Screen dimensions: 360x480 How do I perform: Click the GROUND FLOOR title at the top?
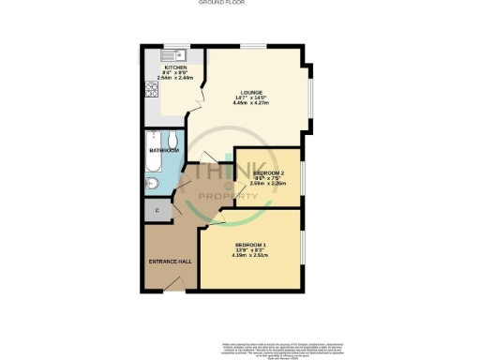[x=239, y=4]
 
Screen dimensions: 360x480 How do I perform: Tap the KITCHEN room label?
[x=175, y=67]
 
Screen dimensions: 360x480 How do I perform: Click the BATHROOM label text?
[x=163, y=149]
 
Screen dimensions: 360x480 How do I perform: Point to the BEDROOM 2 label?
[x=269, y=172]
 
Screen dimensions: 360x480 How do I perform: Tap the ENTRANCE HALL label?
[x=170, y=261]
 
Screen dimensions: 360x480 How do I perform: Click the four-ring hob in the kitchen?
[x=149, y=90]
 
